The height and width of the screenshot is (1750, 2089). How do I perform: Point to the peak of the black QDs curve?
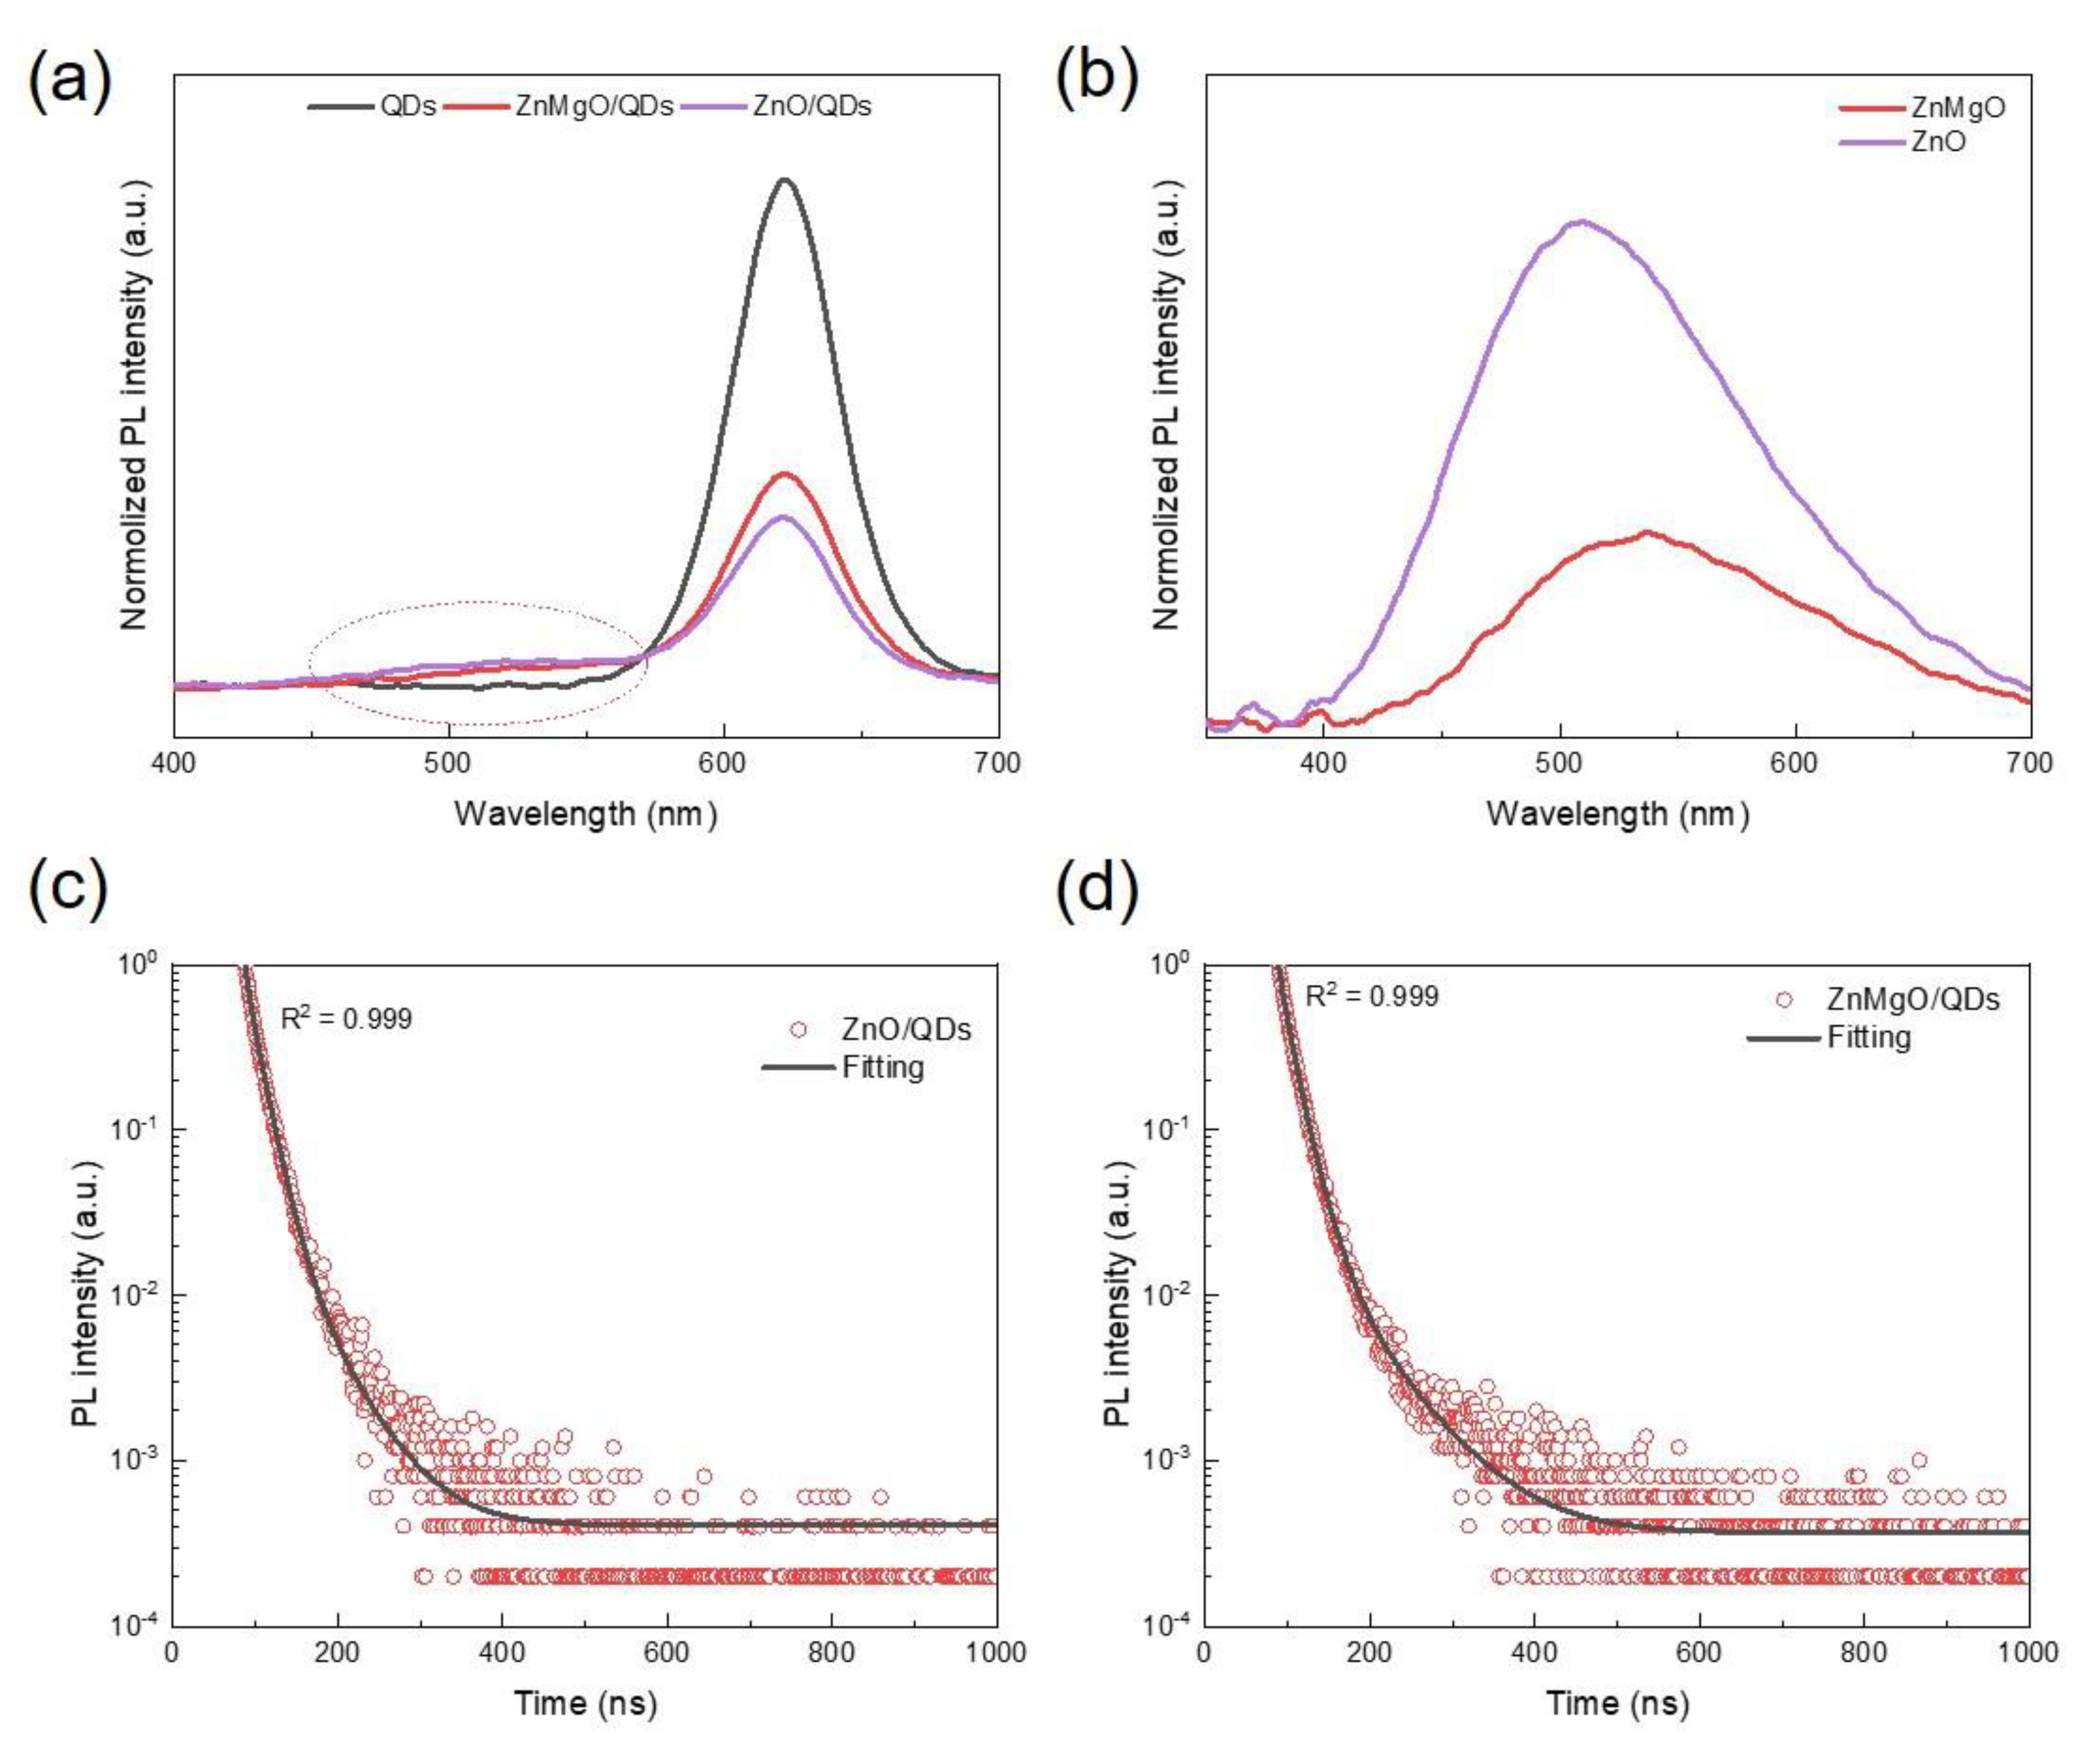point(786,180)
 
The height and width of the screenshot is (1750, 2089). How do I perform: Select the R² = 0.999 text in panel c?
point(346,1018)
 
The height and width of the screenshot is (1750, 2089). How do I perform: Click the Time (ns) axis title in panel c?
point(585,1702)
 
